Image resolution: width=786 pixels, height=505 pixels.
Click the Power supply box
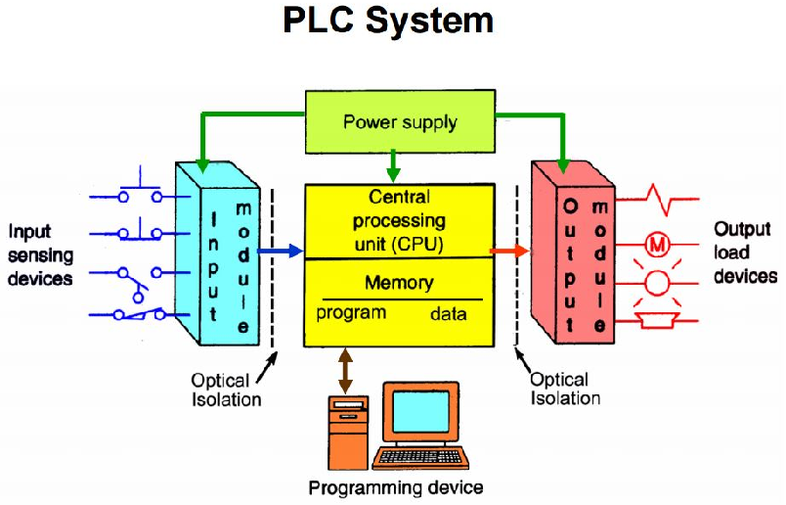[x=400, y=122]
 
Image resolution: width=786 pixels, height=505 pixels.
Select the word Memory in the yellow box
[x=399, y=283]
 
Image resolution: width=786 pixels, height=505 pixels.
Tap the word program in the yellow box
[x=351, y=314]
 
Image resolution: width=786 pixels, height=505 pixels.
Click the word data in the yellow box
[x=449, y=315]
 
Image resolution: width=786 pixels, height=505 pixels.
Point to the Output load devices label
[x=745, y=252]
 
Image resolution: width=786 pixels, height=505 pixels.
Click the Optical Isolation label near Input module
[x=226, y=390]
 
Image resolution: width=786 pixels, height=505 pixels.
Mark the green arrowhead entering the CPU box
[x=392, y=173]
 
